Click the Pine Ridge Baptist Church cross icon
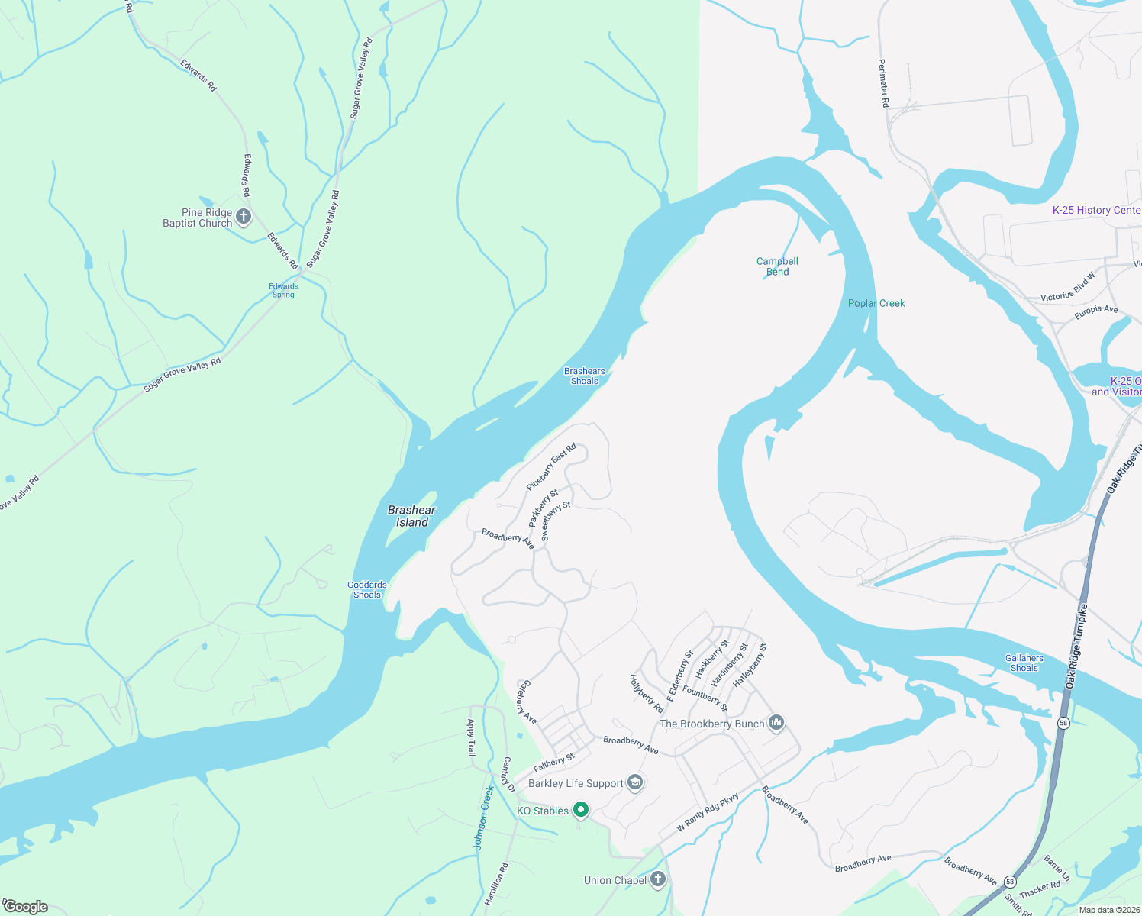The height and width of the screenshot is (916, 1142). click(x=244, y=217)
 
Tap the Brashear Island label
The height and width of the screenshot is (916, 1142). click(x=411, y=517)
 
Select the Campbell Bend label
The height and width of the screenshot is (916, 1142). click(x=777, y=266)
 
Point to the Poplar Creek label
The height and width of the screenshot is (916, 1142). click(x=876, y=303)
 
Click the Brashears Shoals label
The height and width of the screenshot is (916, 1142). click(x=585, y=376)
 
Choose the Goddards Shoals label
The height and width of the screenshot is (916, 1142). click(x=367, y=590)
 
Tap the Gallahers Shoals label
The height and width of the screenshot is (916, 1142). click(x=1024, y=663)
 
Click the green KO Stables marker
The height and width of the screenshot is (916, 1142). click(x=581, y=810)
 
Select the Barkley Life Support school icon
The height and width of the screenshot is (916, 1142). click(x=634, y=782)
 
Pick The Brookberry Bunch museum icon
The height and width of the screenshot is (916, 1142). click(x=776, y=722)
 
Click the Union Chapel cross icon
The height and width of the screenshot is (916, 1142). click(x=658, y=879)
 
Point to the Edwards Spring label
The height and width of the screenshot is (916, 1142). click(x=283, y=291)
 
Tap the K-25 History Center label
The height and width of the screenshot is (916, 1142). click(x=1096, y=210)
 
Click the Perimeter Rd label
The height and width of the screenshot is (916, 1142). click(x=884, y=83)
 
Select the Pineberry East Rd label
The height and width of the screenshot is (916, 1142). click(x=551, y=467)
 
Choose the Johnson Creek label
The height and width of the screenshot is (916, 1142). click(x=484, y=818)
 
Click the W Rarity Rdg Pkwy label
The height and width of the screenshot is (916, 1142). click(x=708, y=813)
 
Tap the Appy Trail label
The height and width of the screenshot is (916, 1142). click(x=471, y=737)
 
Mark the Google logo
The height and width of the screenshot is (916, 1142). click(x=26, y=907)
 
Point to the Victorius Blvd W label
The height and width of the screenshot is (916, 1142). click(x=1067, y=287)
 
